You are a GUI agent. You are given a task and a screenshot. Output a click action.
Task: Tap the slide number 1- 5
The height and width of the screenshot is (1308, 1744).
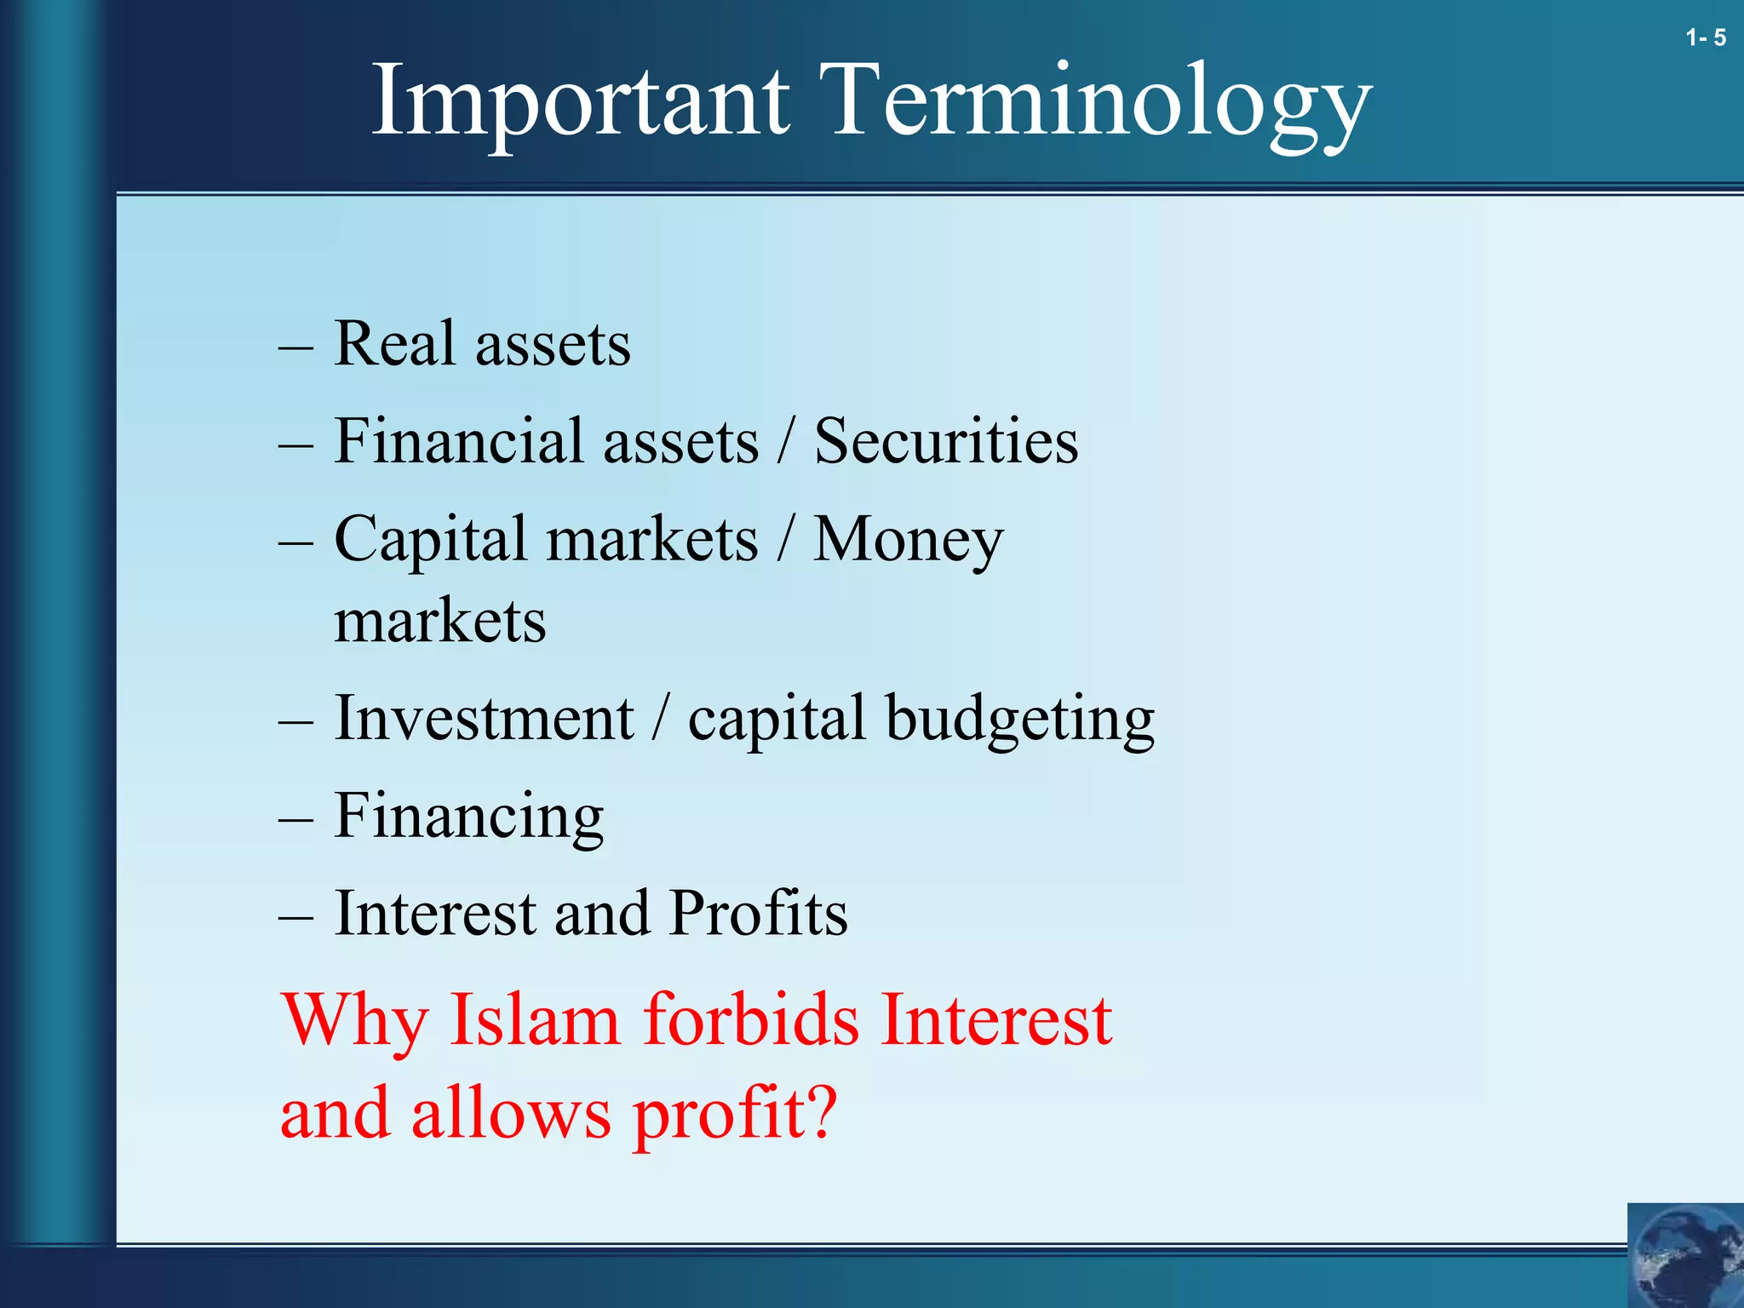click(x=1705, y=37)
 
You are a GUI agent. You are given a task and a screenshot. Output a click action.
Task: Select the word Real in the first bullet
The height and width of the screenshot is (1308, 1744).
click(x=394, y=344)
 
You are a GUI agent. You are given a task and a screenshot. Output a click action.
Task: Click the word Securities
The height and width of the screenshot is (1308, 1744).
click(x=945, y=441)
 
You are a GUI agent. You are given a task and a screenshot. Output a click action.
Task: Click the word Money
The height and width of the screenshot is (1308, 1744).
click(x=908, y=540)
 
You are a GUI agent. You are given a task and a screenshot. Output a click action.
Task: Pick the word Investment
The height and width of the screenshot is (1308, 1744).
click(x=484, y=719)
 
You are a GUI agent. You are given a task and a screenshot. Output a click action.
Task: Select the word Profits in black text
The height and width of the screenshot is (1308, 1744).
click(x=758, y=913)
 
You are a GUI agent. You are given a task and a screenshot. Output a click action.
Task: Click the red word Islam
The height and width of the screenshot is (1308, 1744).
click(x=534, y=1019)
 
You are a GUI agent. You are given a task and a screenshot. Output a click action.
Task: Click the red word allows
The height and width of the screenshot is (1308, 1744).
click(x=511, y=1114)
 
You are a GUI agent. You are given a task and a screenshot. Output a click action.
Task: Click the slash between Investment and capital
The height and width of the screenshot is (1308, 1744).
click(x=660, y=719)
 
